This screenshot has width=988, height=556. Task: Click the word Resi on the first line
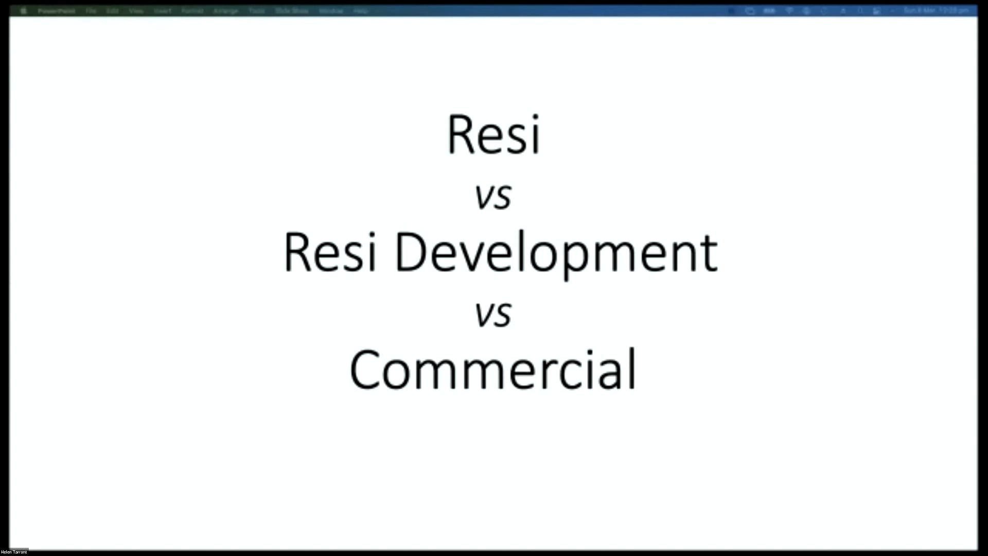point(493,135)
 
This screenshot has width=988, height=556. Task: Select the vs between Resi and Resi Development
point(493,196)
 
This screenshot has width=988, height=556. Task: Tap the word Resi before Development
point(330,253)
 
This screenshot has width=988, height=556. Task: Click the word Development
point(556,254)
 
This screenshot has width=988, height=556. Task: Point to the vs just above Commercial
point(493,314)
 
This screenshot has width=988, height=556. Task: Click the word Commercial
point(493,370)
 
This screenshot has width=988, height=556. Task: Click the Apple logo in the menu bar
point(23,11)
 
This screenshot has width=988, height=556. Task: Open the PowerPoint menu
point(56,11)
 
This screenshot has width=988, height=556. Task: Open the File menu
point(91,11)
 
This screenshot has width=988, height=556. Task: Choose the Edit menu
point(113,11)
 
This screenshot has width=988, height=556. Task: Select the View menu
point(136,11)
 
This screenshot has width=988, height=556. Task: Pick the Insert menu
point(163,11)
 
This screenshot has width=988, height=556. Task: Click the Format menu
point(192,11)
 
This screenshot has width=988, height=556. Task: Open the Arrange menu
point(226,11)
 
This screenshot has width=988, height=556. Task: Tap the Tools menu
point(257,11)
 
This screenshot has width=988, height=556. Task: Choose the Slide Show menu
point(292,11)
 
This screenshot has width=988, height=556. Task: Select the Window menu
point(331,11)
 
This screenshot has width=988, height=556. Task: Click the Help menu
point(361,11)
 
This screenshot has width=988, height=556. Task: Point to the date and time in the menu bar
point(936,10)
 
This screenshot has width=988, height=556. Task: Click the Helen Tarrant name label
point(14,552)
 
